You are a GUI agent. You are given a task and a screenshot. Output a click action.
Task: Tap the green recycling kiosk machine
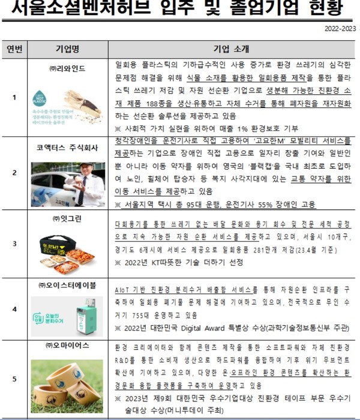80,315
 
